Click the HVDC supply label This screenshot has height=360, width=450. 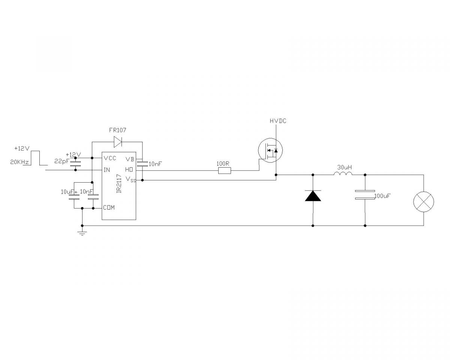tap(278, 121)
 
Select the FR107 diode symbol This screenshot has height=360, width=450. tap(118, 142)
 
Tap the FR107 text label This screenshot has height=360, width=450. tap(117, 130)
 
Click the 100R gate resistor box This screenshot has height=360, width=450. tap(225, 171)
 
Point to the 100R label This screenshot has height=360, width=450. tap(223, 163)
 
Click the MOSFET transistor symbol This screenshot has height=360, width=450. tap(270, 150)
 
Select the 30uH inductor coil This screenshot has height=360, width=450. tap(343, 173)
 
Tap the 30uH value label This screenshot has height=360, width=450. tap(344, 167)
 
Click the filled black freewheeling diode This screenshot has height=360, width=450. tap(313, 196)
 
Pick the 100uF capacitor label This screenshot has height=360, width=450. tap(382, 196)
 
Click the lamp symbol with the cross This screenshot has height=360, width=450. tap(424, 202)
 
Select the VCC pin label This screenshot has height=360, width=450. tap(110, 158)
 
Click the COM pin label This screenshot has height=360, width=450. tap(109, 207)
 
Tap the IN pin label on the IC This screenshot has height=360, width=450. tap(106, 170)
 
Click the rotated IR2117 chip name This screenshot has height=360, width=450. tap(119, 184)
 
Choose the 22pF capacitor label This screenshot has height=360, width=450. tap(61, 162)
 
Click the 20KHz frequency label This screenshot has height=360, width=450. tap(19, 162)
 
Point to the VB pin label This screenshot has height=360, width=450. tap(130, 159)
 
